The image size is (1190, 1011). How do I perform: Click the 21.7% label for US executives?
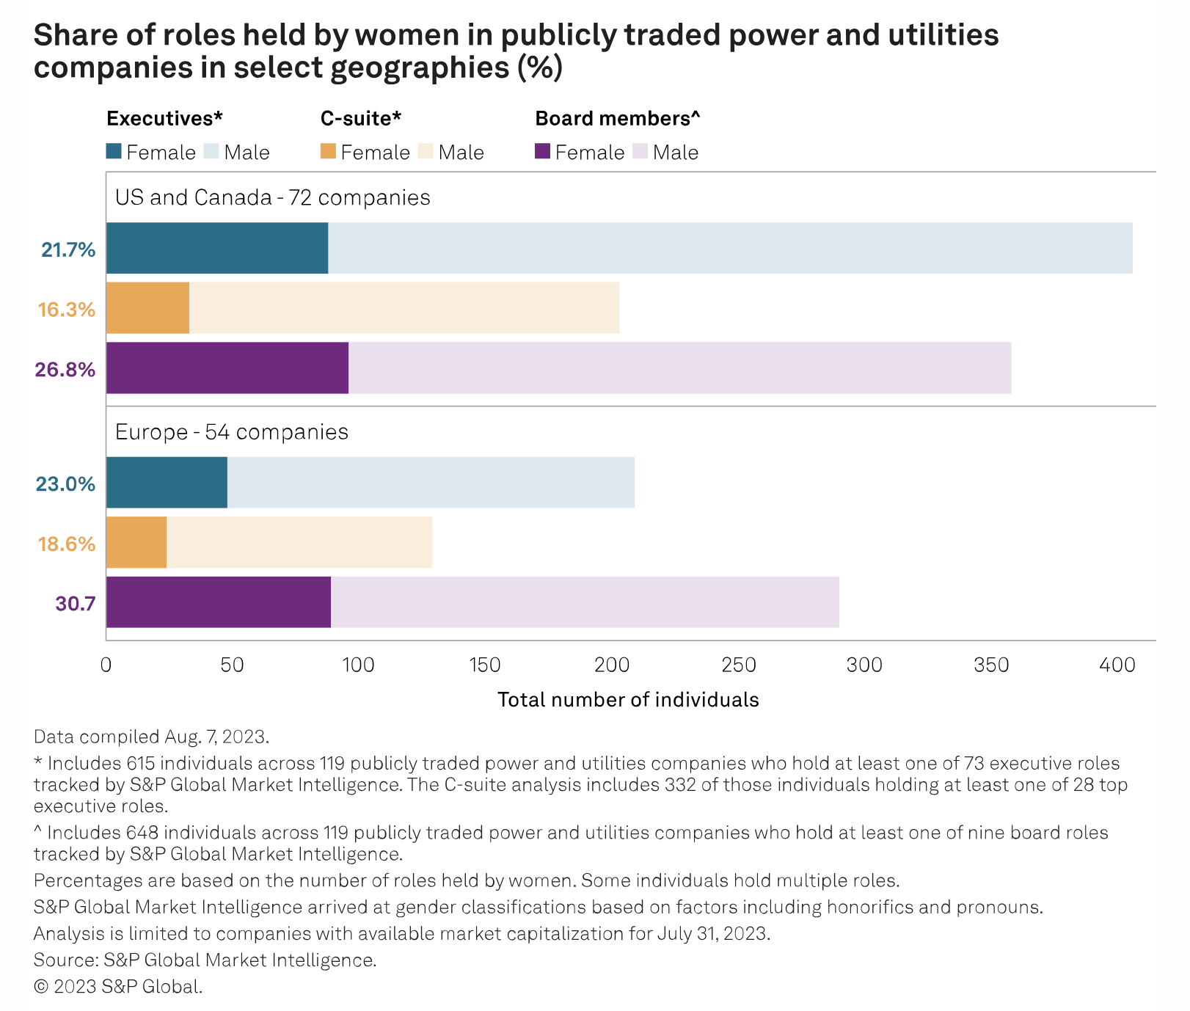click(x=68, y=250)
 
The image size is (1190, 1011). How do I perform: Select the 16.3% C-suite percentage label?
click(x=67, y=310)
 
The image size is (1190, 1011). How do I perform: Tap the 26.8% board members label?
click(x=65, y=369)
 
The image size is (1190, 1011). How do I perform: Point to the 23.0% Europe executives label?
click(x=66, y=484)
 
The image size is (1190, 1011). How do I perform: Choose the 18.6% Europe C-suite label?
click(x=67, y=544)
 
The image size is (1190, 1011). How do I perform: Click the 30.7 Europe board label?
click(x=76, y=604)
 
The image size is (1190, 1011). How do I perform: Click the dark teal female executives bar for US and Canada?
click(x=217, y=249)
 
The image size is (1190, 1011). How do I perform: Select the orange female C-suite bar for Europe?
click(x=136, y=542)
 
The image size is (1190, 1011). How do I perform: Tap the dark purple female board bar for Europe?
click(x=219, y=602)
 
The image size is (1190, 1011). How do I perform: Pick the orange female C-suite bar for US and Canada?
click(x=147, y=308)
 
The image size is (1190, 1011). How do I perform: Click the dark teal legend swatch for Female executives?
click(x=114, y=152)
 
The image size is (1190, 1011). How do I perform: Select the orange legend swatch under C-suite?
click(x=328, y=152)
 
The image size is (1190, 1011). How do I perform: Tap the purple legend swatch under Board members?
click(x=542, y=152)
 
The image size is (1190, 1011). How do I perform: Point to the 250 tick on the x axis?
click(x=738, y=665)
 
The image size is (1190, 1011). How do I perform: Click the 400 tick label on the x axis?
click(x=1117, y=665)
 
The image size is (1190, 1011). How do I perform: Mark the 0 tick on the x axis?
click(x=106, y=665)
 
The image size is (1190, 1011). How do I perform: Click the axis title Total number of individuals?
click(x=628, y=700)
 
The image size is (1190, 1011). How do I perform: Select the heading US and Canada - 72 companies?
click(x=272, y=197)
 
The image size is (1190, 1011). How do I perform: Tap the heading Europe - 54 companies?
click(x=231, y=431)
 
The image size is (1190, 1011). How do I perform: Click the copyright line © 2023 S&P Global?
click(x=118, y=987)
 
